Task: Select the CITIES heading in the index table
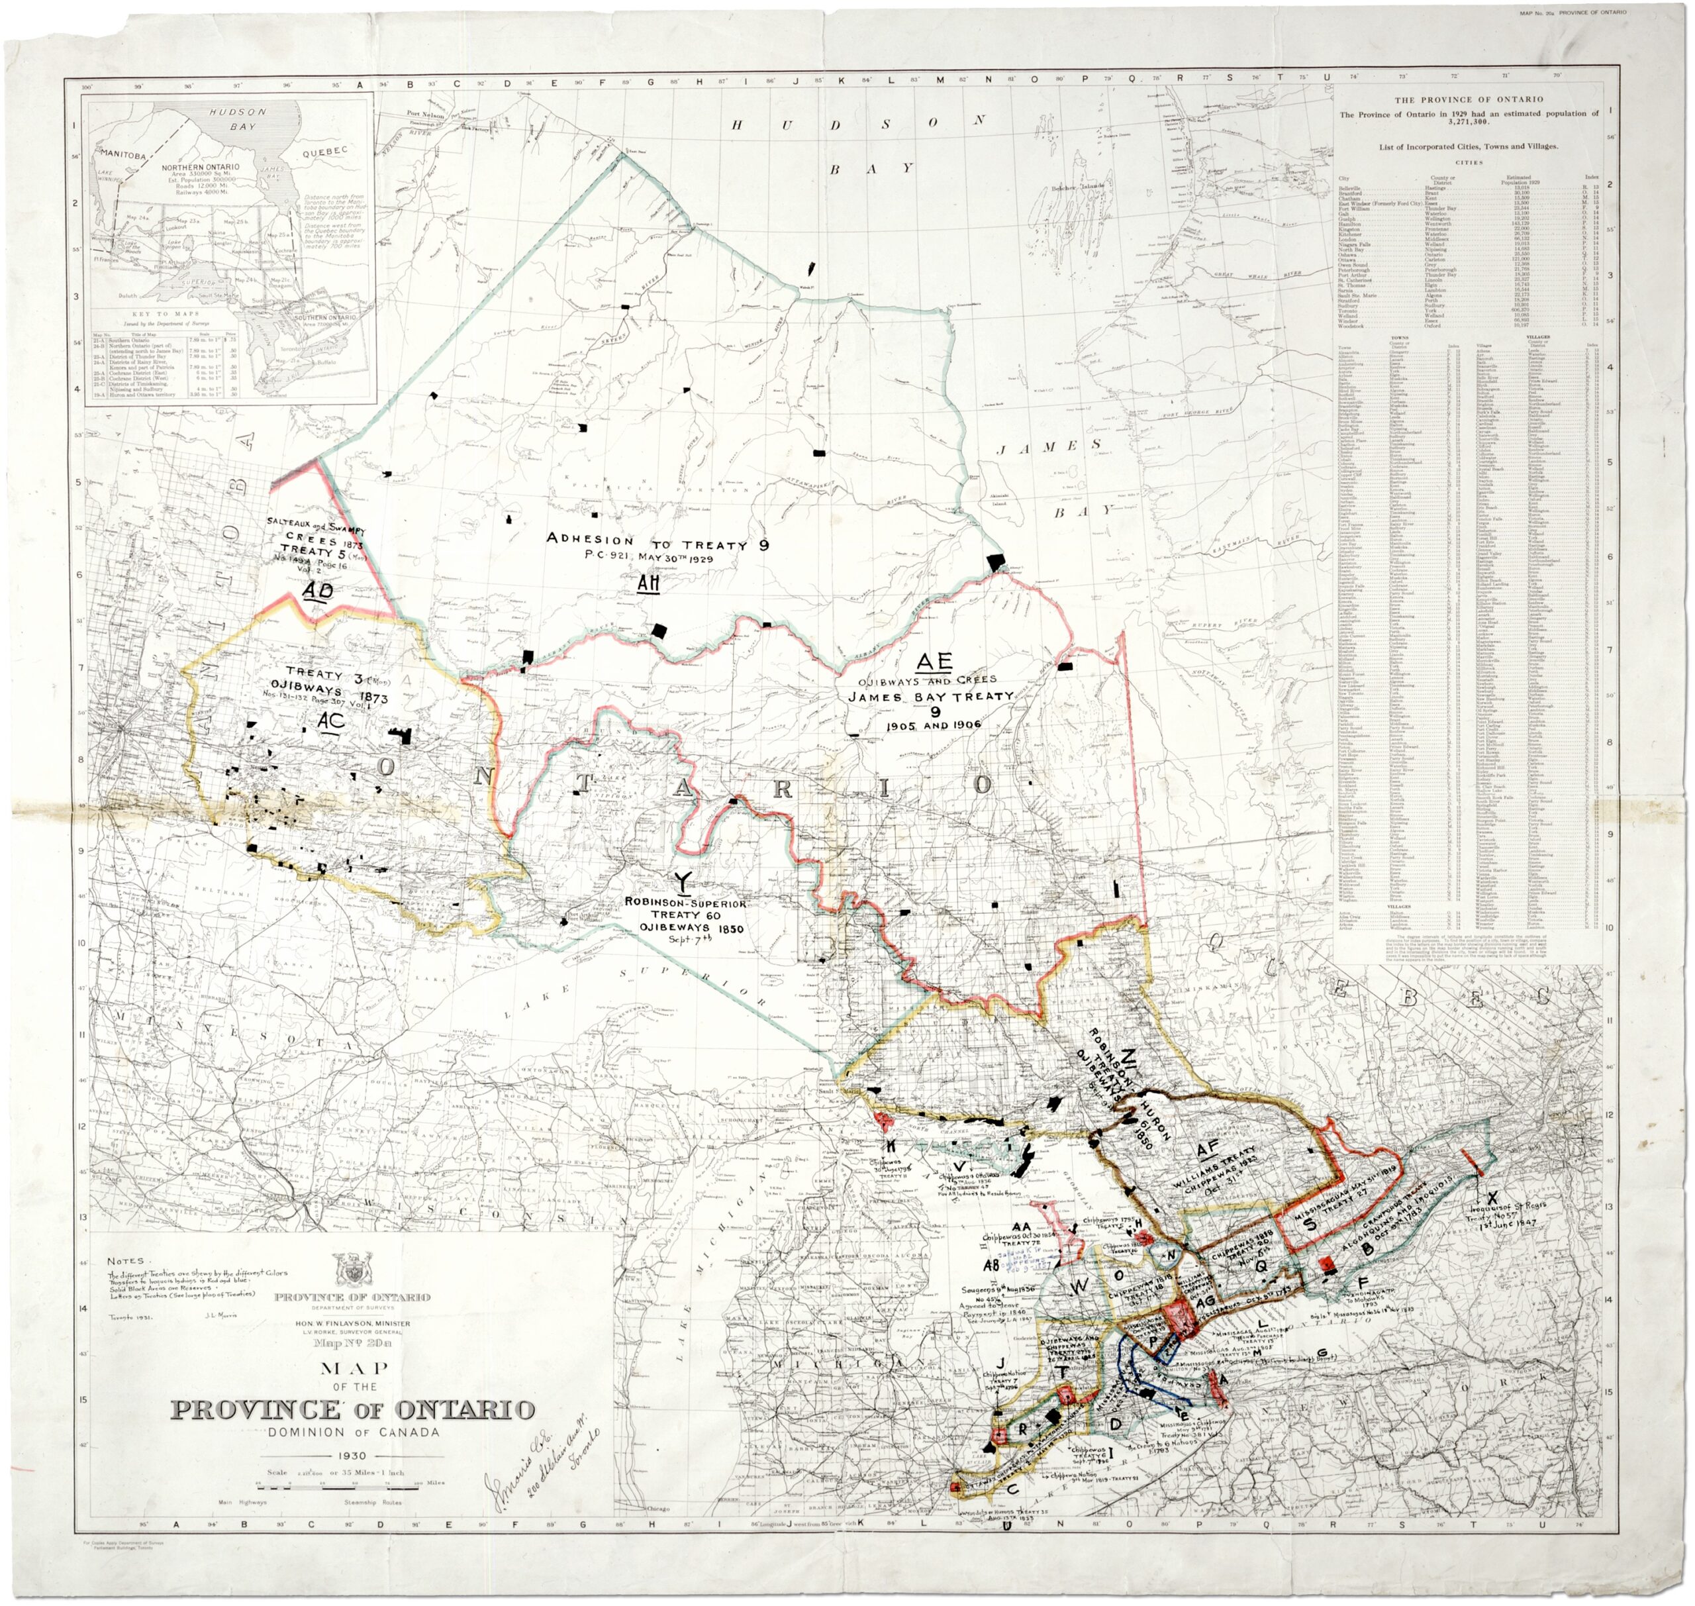(x=1468, y=162)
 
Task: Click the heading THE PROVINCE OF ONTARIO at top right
(x=1468, y=99)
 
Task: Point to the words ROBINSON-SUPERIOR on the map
(x=686, y=903)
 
